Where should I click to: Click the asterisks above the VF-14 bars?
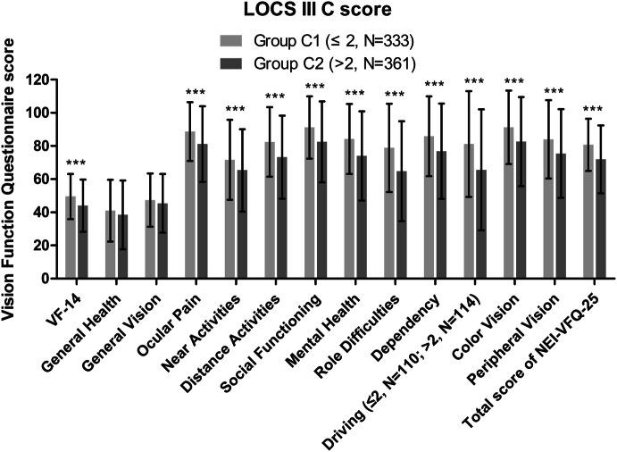pyautogui.click(x=77, y=164)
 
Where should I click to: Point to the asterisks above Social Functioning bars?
pyautogui.click(x=316, y=87)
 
